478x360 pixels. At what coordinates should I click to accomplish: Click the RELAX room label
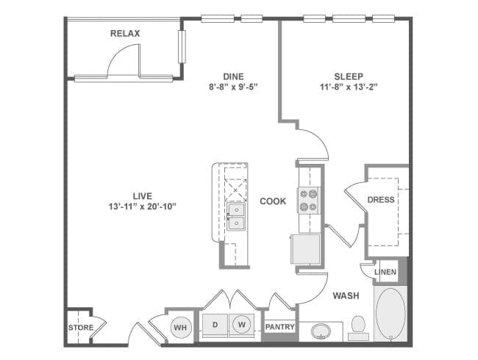point(125,34)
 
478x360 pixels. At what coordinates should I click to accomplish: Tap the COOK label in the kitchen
point(273,201)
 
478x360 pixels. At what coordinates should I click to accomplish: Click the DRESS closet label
point(381,199)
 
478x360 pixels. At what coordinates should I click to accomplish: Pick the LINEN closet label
point(385,272)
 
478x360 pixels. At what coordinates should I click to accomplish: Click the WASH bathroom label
point(346,296)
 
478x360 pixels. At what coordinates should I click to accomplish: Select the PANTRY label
point(279,327)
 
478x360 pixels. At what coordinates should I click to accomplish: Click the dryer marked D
point(216,324)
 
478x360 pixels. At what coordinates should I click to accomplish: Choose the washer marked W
point(240,324)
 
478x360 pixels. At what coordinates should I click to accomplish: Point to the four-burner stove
point(308,200)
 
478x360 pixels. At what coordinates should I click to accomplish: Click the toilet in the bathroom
point(359,325)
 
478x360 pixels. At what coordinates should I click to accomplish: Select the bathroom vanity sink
point(321,331)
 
